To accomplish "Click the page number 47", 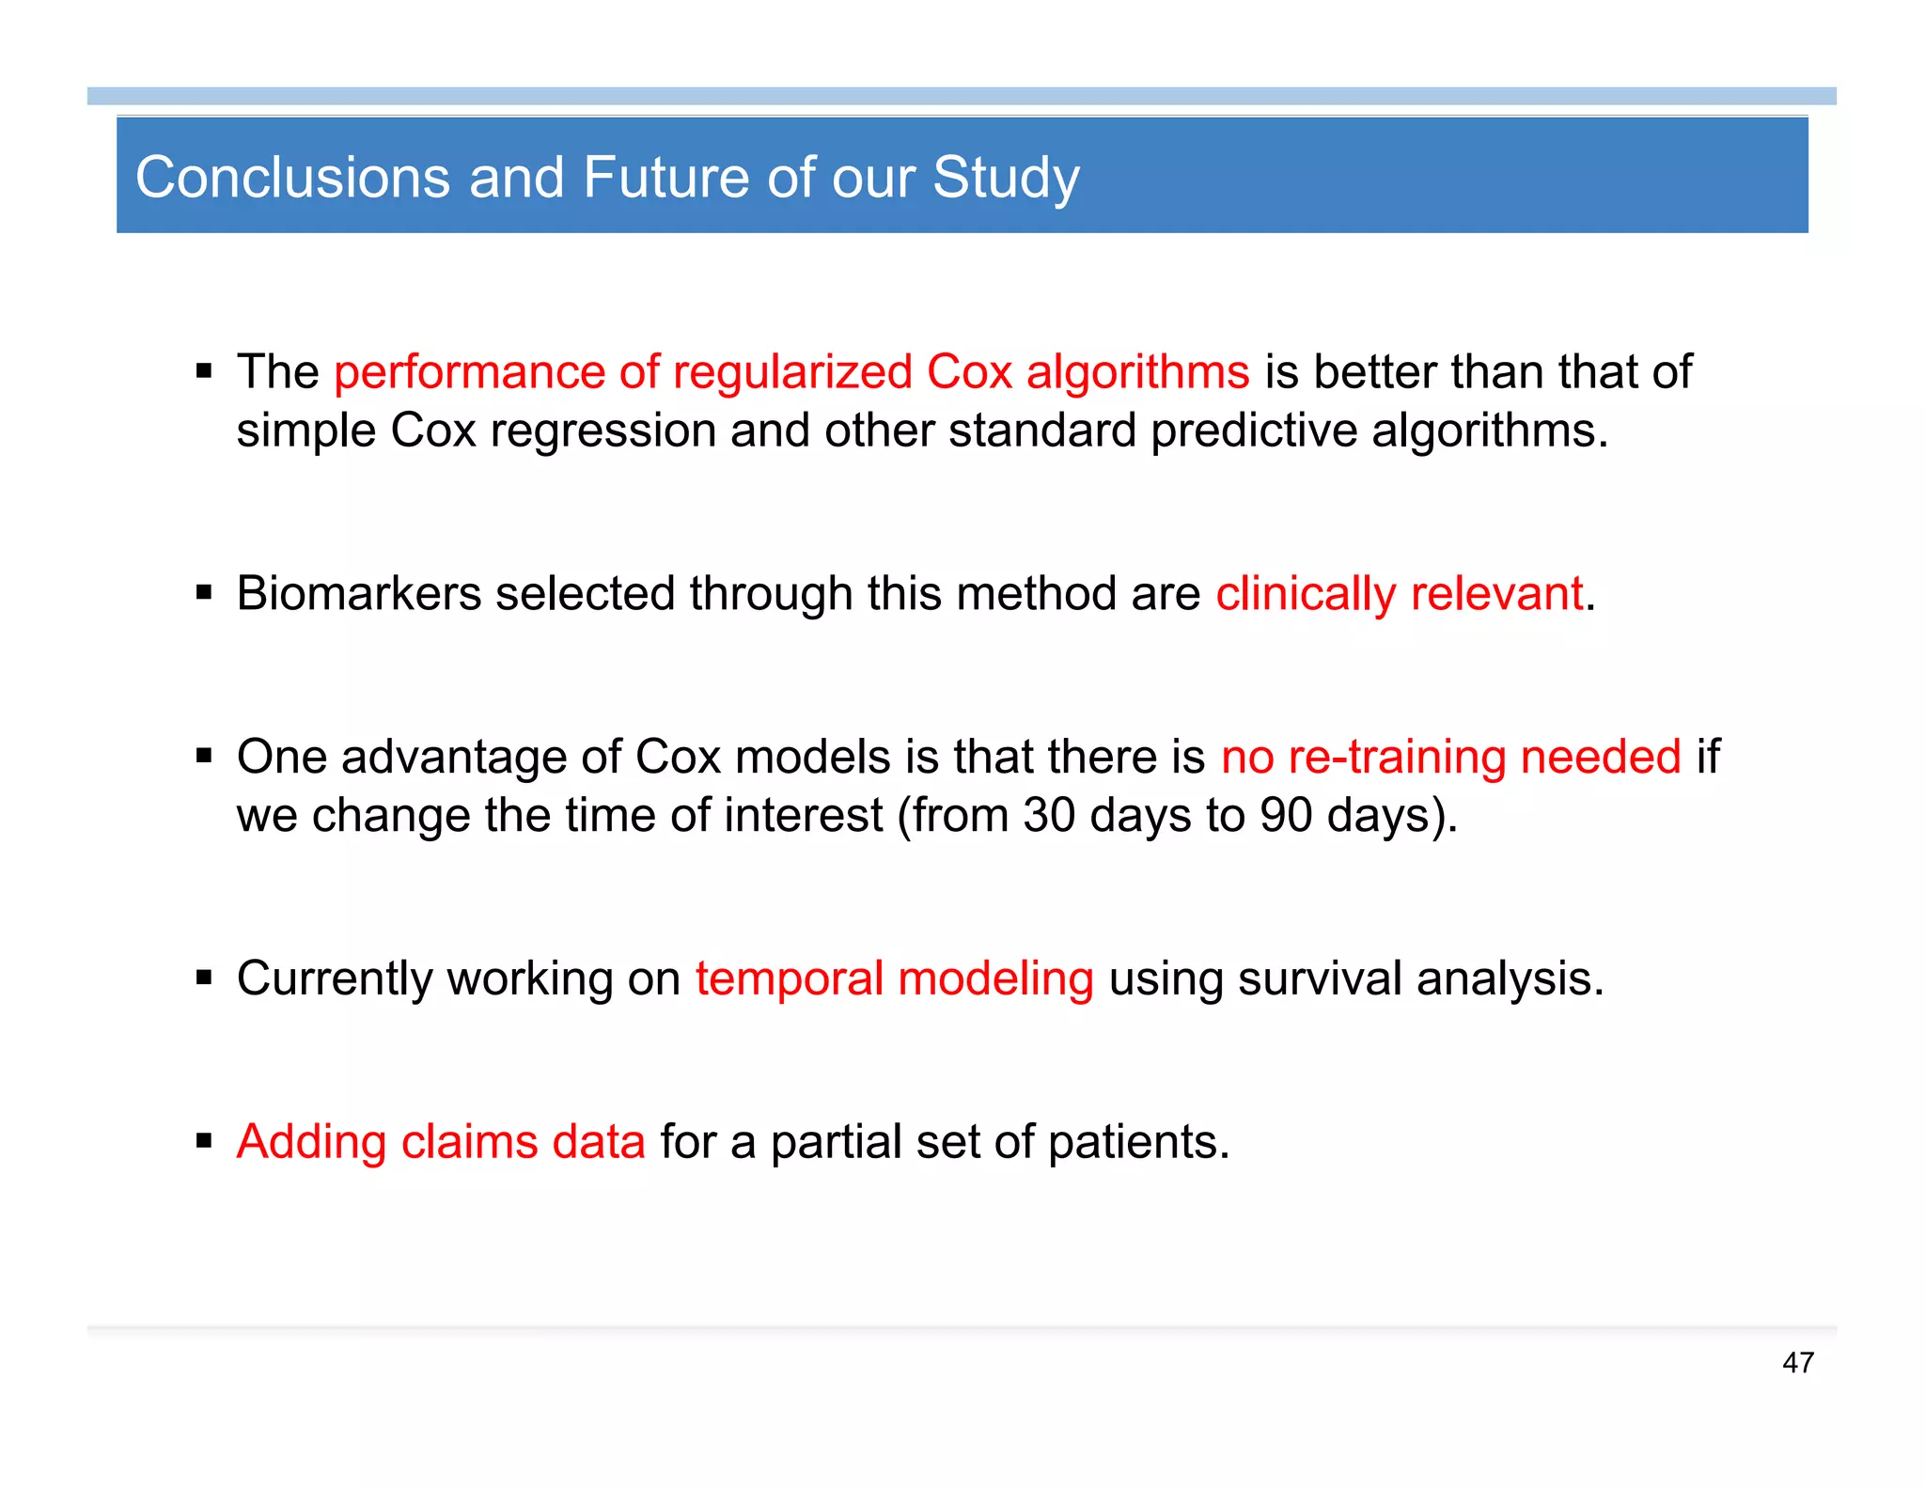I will click(1797, 1363).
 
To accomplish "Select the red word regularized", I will click(792, 372).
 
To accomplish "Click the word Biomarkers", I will click(358, 594).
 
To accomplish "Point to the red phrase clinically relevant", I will click(1400, 594).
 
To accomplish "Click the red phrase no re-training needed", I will click(1450, 757).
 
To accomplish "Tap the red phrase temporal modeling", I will click(894, 978).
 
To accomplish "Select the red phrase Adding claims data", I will click(441, 1142).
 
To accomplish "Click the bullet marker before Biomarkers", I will click(204, 593).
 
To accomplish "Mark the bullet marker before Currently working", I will click(204, 978).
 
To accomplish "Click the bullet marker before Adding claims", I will click(204, 1141).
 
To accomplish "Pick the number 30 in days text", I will click(1048, 815).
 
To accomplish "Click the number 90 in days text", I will click(1285, 815).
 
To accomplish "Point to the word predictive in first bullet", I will click(1254, 430).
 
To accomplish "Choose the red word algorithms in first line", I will click(1137, 372).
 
